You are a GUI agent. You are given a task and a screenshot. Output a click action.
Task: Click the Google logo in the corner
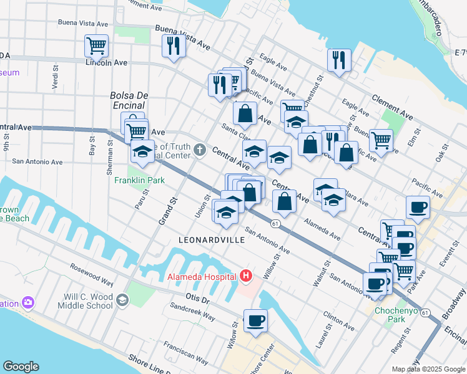tap(21, 367)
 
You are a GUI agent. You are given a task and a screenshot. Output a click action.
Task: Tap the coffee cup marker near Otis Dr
tap(255, 320)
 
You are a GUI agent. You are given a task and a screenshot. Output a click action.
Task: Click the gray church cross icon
tap(199, 149)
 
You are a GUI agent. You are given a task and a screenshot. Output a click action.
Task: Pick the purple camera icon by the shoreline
tap(27, 303)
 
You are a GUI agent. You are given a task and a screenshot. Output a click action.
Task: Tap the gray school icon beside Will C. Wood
tap(122, 300)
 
